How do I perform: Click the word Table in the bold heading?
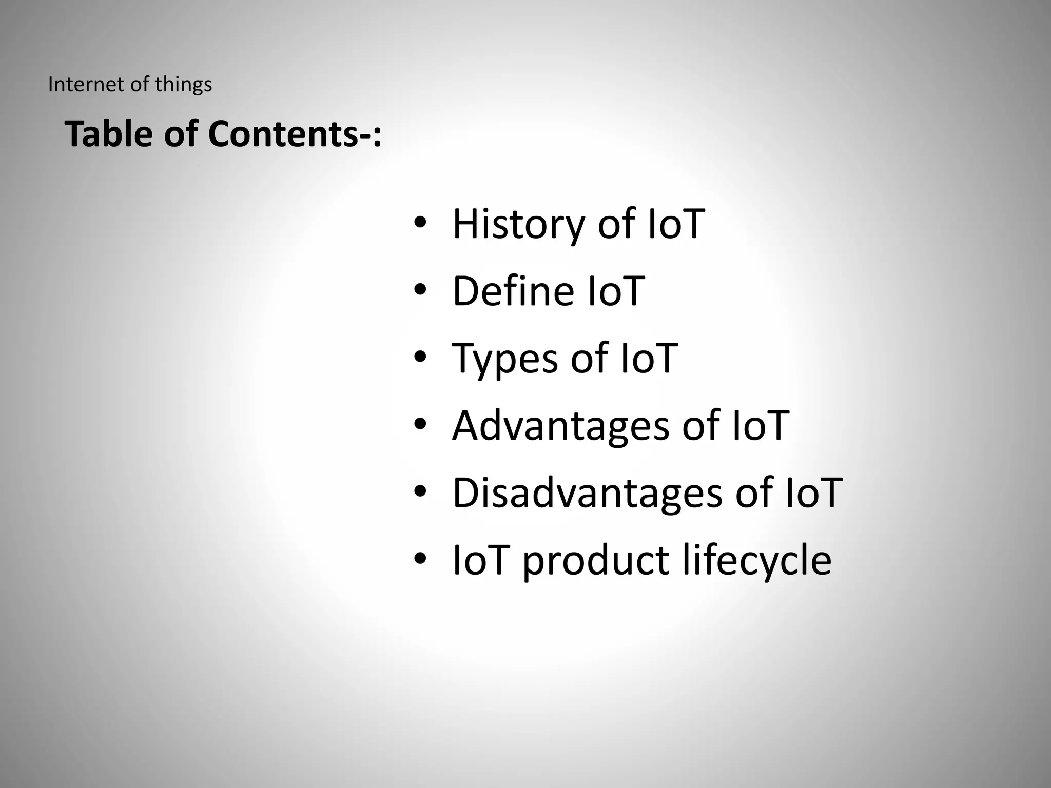[108, 134]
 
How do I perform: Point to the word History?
[518, 225]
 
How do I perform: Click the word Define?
[513, 291]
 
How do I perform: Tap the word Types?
[504, 359]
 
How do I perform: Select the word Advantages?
[560, 426]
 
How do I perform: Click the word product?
[596, 561]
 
